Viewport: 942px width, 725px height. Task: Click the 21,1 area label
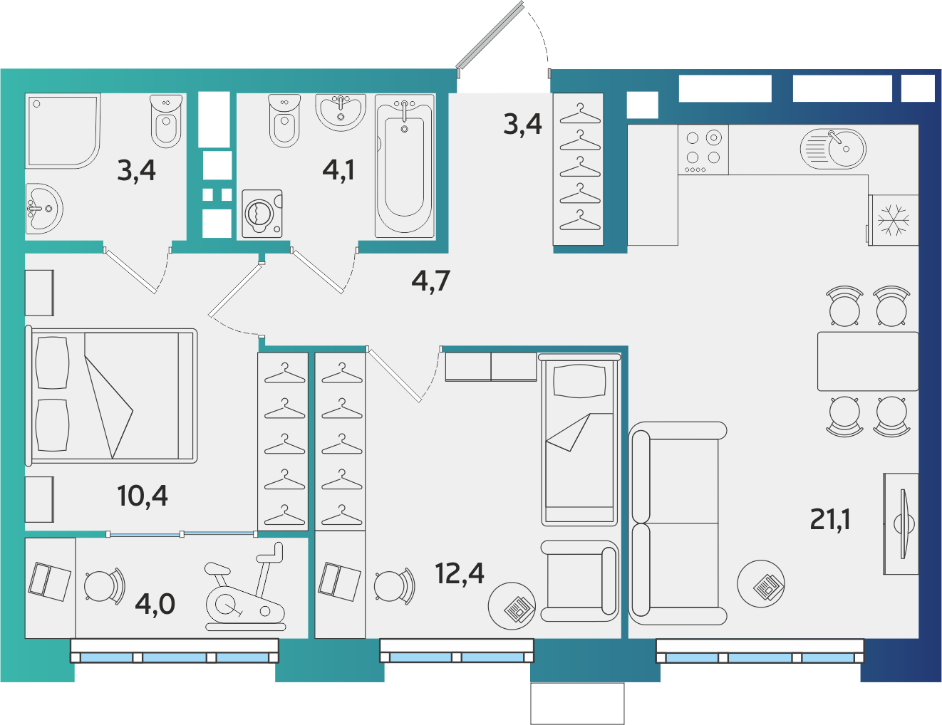[829, 520]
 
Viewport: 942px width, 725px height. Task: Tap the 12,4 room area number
[460, 573]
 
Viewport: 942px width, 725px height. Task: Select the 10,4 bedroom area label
[143, 496]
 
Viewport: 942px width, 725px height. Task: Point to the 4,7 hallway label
[431, 281]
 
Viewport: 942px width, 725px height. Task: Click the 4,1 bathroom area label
[338, 169]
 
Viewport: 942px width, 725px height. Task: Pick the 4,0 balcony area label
[155, 604]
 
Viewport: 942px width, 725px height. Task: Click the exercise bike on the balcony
[245, 587]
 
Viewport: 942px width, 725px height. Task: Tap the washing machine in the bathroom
[262, 214]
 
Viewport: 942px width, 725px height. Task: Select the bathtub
[405, 166]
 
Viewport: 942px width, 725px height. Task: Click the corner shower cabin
[63, 131]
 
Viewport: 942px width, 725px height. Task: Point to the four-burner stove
[703, 150]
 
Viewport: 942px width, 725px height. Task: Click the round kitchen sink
[833, 149]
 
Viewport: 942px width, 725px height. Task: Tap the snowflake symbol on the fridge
[894, 221]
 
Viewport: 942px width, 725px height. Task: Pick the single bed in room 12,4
[579, 439]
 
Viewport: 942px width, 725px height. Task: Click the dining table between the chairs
[868, 361]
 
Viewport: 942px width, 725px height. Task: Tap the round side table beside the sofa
[761, 583]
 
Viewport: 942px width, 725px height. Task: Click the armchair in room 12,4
[579, 581]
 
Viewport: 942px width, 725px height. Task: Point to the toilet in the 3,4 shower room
[166, 121]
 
